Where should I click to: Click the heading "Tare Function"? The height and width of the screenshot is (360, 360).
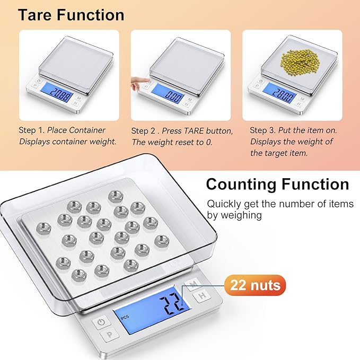pyautogui.click(x=71, y=14)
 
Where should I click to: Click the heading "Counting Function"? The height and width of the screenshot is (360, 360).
pyautogui.click(x=277, y=185)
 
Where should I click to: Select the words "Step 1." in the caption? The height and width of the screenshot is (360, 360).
pyautogui.click(x=33, y=130)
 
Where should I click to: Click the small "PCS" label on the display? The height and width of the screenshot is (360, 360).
pyautogui.click(x=125, y=318)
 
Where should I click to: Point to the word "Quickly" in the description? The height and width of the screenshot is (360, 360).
pyautogui.click(x=222, y=204)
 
